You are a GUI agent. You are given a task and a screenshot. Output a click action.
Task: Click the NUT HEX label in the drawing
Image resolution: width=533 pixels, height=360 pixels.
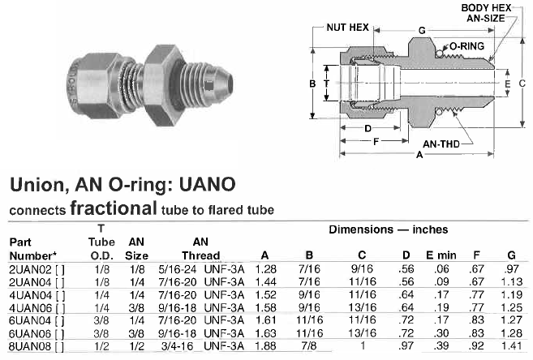click(x=347, y=28)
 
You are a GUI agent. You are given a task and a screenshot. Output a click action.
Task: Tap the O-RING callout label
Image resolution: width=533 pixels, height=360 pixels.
click(x=466, y=46)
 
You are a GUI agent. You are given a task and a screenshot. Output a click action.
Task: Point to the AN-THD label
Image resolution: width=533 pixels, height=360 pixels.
click(x=441, y=144)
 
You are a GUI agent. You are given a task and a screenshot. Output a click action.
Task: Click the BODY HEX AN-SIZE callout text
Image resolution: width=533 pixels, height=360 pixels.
click(x=486, y=13)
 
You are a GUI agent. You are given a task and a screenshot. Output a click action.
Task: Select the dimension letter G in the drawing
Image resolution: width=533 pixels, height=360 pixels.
click(x=422, y=31)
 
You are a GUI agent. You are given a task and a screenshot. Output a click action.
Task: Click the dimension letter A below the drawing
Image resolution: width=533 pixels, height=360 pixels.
click(x=419, y=155)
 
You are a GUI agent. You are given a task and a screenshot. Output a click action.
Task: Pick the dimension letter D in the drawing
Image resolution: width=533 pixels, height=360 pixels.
click(x=368, y=128)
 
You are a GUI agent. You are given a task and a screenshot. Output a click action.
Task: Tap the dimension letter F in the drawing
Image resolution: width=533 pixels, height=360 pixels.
click(x=376, y=141)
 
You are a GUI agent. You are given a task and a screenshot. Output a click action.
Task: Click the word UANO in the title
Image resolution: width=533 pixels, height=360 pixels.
click(x=208, y=184)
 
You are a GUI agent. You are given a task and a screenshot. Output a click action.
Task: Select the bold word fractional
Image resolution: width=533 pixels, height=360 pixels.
click(x=114, y=208)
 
